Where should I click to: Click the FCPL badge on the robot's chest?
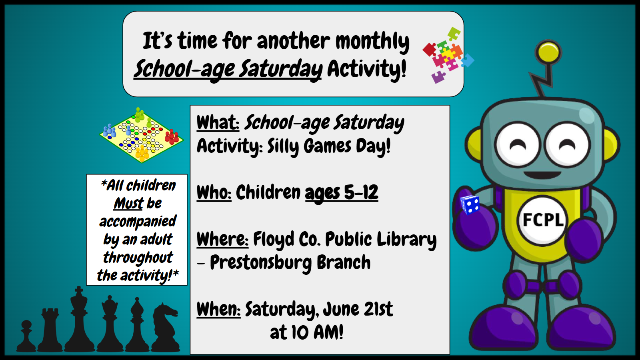542,220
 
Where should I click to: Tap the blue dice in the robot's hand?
470,204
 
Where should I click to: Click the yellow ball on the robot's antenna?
548,52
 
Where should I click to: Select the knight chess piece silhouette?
166,327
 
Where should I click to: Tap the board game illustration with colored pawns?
142,135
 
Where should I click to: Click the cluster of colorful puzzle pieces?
448,55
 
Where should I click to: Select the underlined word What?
218,122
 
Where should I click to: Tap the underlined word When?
218,309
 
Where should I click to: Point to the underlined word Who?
214,192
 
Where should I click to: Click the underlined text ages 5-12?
342,193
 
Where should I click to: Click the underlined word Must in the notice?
128,204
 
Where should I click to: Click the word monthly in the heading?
372,42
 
